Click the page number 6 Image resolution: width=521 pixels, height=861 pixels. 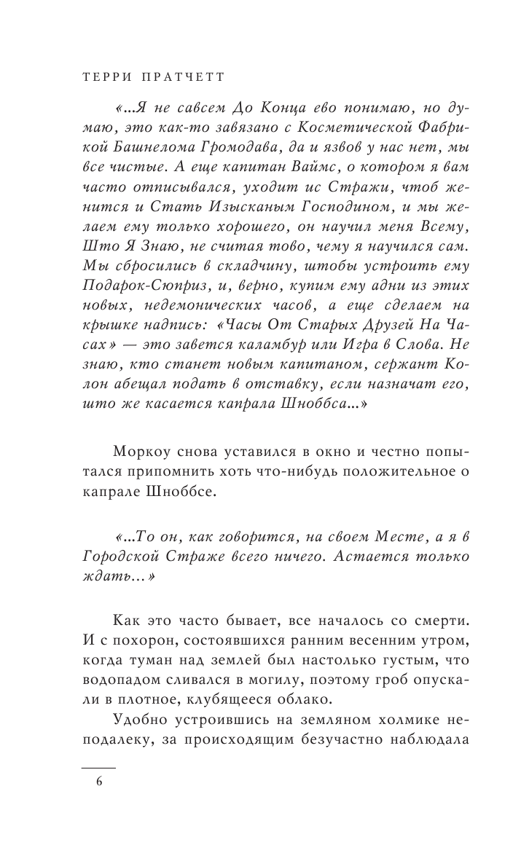point(98,782)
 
